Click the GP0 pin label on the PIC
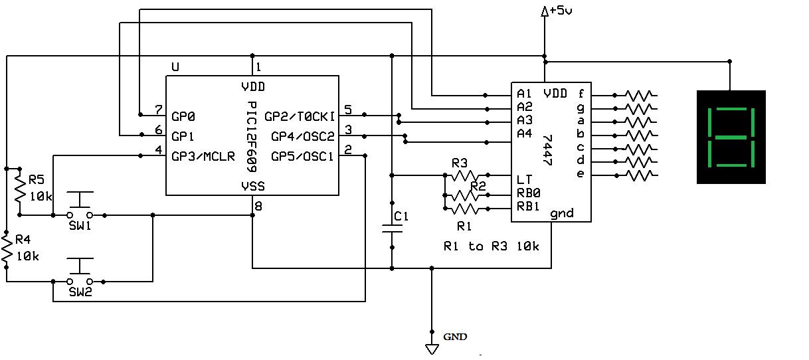click(183, 117)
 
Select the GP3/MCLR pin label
click(203, 156)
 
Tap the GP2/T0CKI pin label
click(300, 117)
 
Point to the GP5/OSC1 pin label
click(302, 156)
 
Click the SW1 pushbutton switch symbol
click(80, 205)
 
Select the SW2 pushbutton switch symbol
click(80, 271)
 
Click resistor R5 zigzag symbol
click(20, 189)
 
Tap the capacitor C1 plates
click(392, 228)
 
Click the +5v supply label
click(561, 11)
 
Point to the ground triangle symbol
click(432, 349)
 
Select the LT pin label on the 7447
click(524, 179)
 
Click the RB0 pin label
click(529, 193)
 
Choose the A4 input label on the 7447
click(525, 134)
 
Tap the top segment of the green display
click(731, 109)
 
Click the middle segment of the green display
click(731, 137)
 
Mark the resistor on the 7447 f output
click(638, 96)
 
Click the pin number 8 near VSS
click(258, 206)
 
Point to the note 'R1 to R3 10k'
click(492, 246)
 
